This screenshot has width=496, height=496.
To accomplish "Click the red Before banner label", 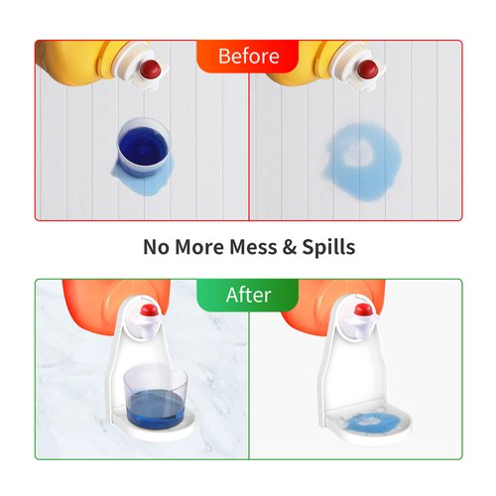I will [x=247, y=55].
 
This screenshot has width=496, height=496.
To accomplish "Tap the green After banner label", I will [x=247, y=295].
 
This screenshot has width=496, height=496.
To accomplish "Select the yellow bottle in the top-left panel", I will [x=79, y=62].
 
